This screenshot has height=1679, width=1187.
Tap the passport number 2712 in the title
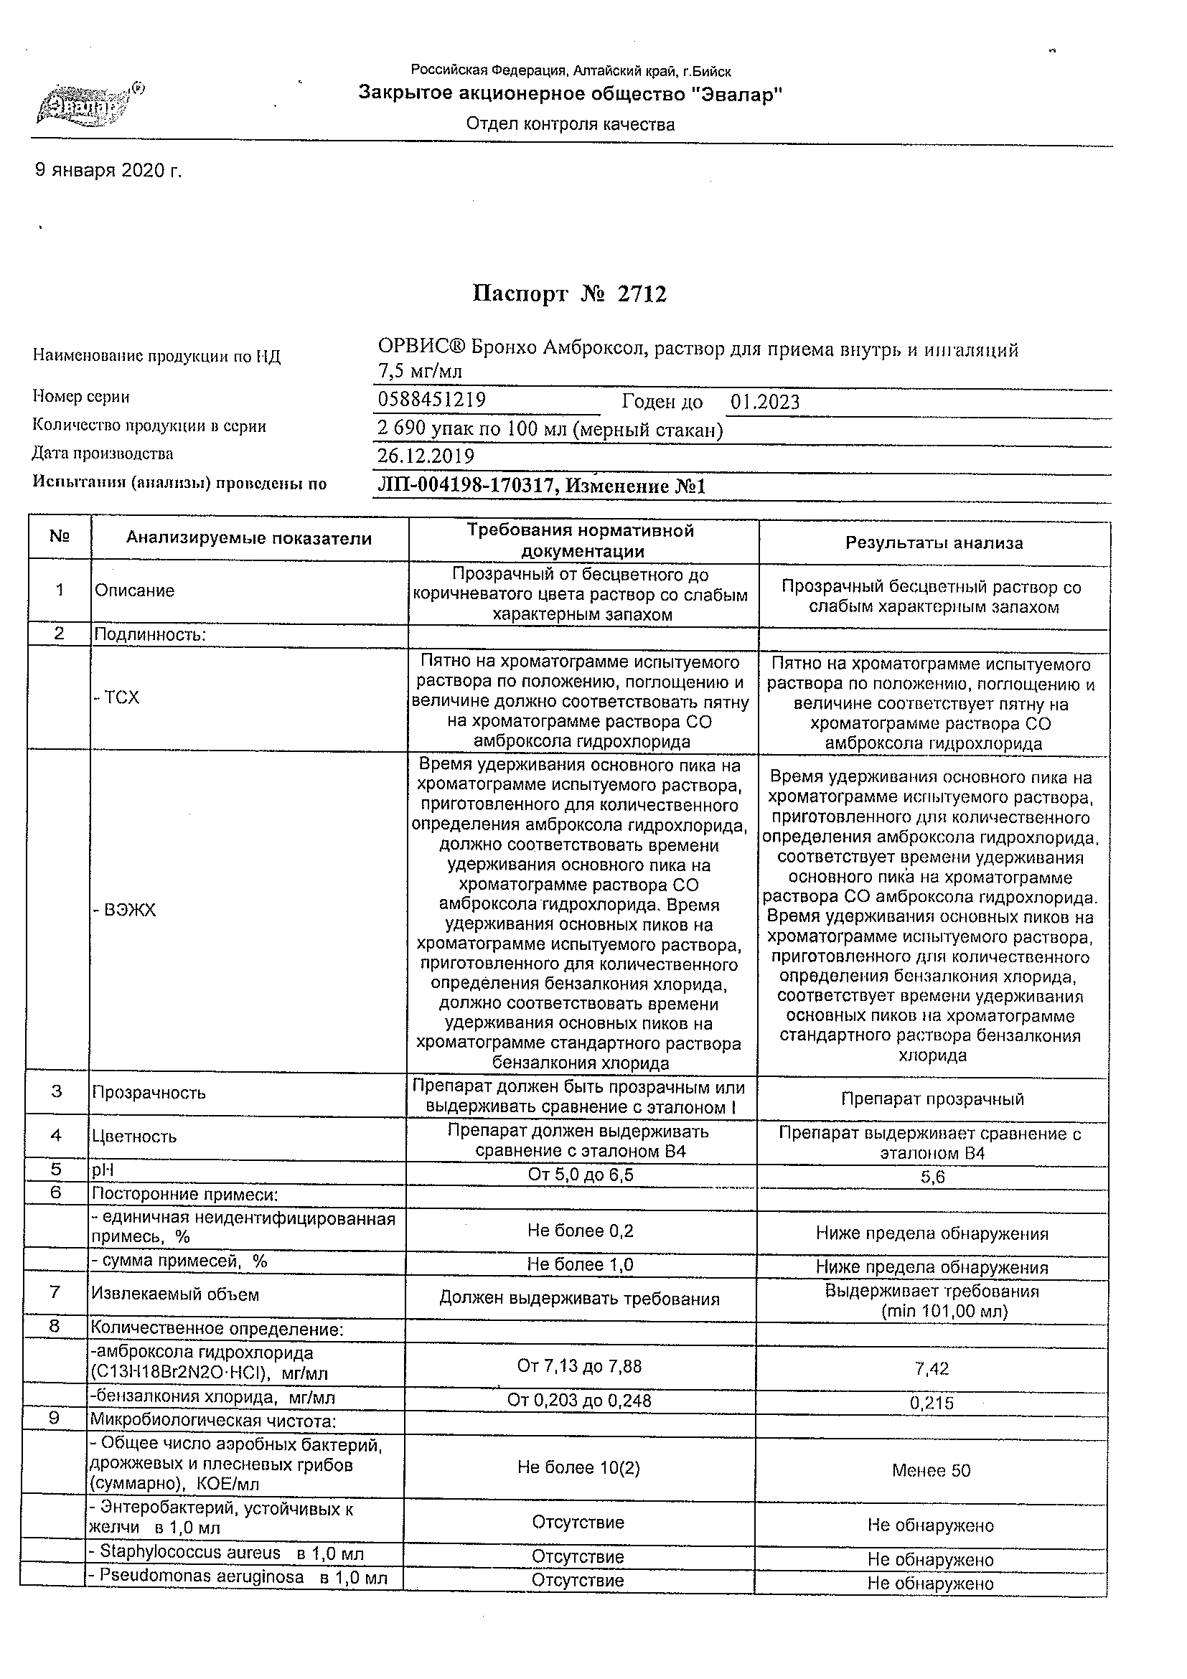pyautogui.click(x=642, y=294)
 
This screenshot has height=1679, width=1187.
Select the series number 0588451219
pyautogui.click(x=431, y=399)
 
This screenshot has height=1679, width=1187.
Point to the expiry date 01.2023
pyautogui.click(x=765, y=403)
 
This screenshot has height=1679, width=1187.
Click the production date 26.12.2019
pyautogui.click(x=426, y=456)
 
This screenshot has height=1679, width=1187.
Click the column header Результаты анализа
pyautogui.click(x=934, y=543)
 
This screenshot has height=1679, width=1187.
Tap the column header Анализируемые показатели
pyautogui.click(x=248, y=539)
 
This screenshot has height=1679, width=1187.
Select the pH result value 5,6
pyautogui.click(x=933, y=1177)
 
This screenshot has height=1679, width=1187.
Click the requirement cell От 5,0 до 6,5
pyautogui.click(x=581, y=1175)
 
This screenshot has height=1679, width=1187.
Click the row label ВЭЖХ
pyautogui.click(x=125, y=911)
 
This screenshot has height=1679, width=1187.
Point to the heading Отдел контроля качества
pyautogui.click(x=571, y=125)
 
